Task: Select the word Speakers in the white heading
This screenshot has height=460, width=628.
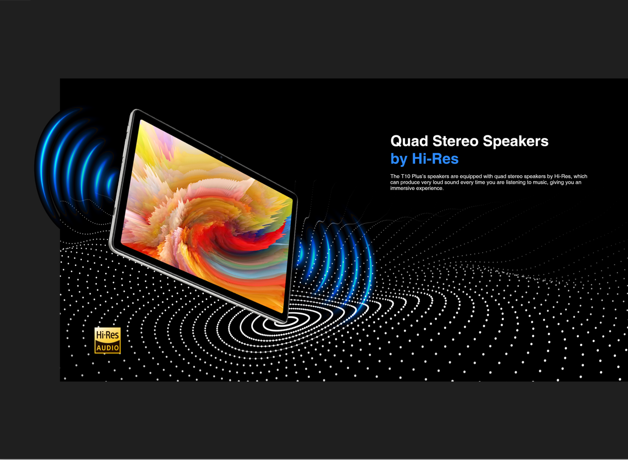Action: pyautogui.click(x=515, y=142)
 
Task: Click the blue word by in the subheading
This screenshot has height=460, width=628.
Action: pyautogui.click(x=399, y=159)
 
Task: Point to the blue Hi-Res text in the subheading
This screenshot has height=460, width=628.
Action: pyautogui.click(x=435, y=159)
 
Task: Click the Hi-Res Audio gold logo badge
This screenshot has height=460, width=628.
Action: pyautogui.click(x=107, y=341)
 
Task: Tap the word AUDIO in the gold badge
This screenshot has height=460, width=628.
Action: pyautogui.click(x=107, y=347)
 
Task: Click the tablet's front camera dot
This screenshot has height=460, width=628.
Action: pyautogui.click(x=221, y=157)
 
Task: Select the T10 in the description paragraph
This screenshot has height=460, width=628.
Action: pyautogui.click(x=405, y=176)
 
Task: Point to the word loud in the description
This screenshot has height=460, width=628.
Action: pyautogui.click(x=438, y=183)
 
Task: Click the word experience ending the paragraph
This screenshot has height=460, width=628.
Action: pyautogui.click(x=430, y=188)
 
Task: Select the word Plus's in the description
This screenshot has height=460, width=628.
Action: pyautogui.click(x=418, y=176)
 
